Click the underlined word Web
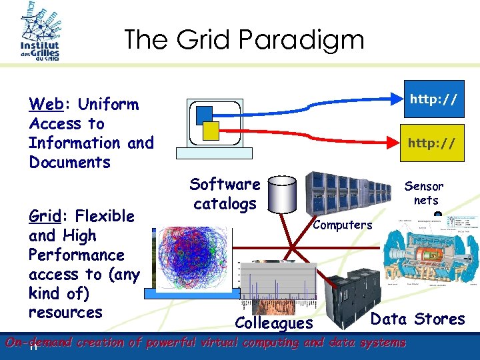[45, 105]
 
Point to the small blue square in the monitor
[205, 114]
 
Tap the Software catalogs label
[225, 193]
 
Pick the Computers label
[343, 225]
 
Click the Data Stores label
[417, 319]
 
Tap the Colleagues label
[274, 323]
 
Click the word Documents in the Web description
[69, 162]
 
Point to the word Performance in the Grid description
[76, 255]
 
